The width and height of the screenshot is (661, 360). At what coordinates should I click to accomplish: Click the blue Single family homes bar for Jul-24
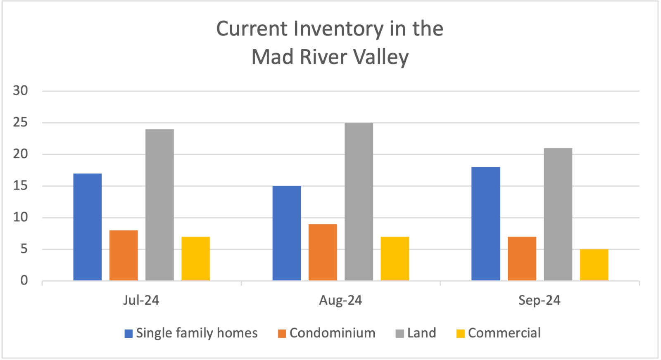tap(88, 227)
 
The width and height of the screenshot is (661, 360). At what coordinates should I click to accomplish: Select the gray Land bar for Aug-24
tap(359, 201)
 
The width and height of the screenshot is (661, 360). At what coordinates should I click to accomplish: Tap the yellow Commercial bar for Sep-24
tap(594, 265)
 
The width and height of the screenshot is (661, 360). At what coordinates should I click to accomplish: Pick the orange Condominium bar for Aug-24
tap(323, 252)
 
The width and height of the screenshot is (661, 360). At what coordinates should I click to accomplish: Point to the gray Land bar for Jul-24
tap(159, 205)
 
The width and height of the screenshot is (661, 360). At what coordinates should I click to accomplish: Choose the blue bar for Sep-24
tap(486, 224)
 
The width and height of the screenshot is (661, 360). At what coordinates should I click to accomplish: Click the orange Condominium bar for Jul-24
tap(124, 255)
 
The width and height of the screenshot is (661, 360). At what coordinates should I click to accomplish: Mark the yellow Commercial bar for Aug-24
tap(395, 258)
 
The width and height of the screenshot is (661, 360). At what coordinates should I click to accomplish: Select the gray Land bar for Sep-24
tap(558, 214)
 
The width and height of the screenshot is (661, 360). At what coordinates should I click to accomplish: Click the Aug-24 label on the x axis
tap(340, 301)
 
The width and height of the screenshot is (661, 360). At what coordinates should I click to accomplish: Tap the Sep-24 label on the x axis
tap(540, 301)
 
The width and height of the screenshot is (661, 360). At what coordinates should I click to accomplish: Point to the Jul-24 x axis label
tap(141, 301)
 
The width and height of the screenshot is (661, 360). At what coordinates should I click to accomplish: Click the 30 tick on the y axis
tap(20, 90)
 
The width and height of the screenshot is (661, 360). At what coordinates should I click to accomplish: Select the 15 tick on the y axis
tap(20, 186)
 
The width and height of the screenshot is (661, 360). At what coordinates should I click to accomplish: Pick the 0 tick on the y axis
tap(24, 280)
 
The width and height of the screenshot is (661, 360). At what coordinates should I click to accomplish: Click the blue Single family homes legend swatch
tap(128, 334)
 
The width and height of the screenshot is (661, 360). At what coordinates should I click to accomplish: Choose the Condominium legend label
tap(333, 333)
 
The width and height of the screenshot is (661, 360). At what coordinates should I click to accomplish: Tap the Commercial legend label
tap(504, 333)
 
